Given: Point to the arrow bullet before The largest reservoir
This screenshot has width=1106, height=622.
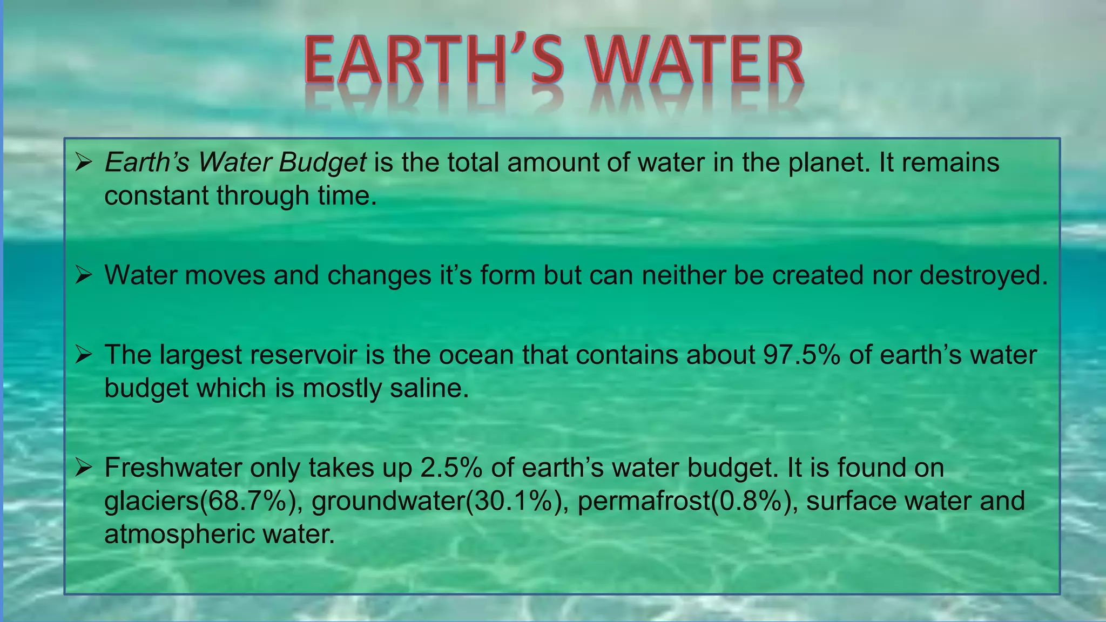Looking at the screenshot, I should [x=84, y=354].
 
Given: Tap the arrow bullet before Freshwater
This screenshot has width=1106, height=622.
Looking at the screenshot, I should [x=84, y=467].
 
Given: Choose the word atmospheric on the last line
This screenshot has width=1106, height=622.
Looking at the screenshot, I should [x=179, y=535].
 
